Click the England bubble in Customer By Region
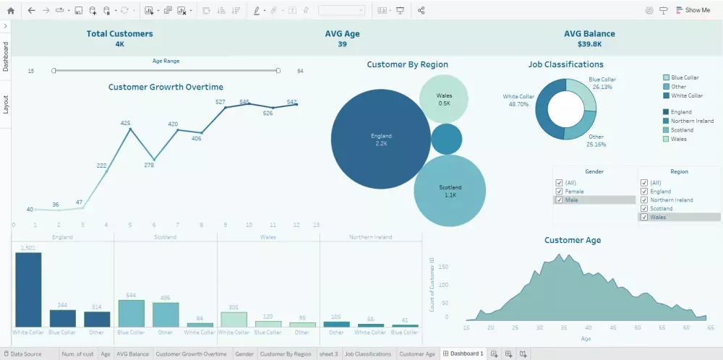pos(381,140)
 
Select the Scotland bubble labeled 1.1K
pos(450,191)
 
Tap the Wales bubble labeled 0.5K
pos(444,99)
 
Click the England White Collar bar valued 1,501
pos(28,290)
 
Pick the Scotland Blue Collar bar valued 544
pos(131,313)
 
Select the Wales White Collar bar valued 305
pos(234,320)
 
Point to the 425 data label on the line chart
pos(125,123)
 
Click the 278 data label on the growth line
pos(149,165)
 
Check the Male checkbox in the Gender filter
pos(558,200)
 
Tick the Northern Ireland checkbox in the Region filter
pos(643,200)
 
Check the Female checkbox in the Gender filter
pos(558,192)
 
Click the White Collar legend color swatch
pos(666,95)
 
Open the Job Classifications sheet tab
pos(368,354)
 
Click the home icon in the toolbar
pos(10,10)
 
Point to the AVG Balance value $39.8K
pos(590,44)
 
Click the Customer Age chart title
pos(572,240)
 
